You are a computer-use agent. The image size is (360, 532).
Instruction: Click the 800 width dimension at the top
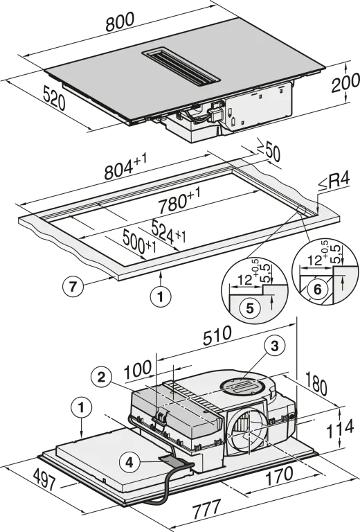tap(120, 21)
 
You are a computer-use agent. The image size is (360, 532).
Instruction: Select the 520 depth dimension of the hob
tap(54, 98)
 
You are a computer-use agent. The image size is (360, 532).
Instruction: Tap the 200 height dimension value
tap(345, 82)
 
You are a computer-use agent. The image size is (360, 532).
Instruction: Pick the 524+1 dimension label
tap(168, 231)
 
